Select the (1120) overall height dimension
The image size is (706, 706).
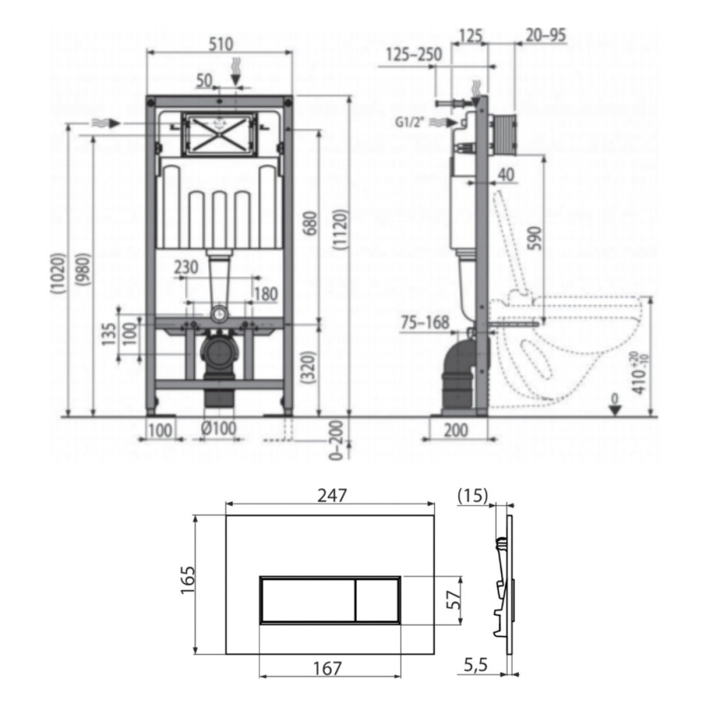click(341, 229)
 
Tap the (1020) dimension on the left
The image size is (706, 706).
click(58, 274)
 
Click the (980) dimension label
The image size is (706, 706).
click(85, 274)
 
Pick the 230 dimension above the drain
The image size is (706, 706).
click(186, 267)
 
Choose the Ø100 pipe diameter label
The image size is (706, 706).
click(218, 429)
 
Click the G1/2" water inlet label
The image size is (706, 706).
click(409, 122)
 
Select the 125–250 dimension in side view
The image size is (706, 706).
click(414, 54)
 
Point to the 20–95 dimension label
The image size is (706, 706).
click(546, 36)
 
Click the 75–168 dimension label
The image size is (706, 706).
click(425, 322)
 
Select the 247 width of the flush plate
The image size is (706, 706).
click(332, 495)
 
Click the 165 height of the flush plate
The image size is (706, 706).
click(188, 580)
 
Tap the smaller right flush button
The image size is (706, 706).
click(377, 600)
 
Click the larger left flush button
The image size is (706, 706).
click(308, 600)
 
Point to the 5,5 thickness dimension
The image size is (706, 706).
click(476, 665)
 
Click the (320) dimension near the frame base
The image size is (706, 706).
click(308, 368)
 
